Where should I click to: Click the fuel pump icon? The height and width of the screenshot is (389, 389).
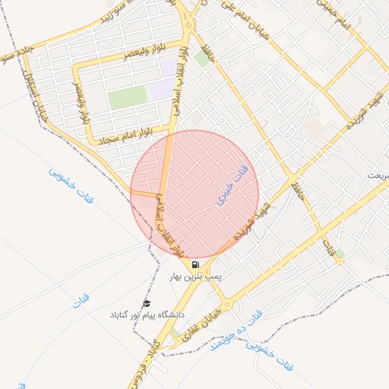196,265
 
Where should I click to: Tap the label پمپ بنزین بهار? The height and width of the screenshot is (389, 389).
196,278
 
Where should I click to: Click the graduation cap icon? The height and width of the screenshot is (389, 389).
147,302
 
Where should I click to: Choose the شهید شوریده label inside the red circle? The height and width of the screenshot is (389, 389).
248,222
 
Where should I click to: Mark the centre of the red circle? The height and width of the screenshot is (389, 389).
194,194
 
